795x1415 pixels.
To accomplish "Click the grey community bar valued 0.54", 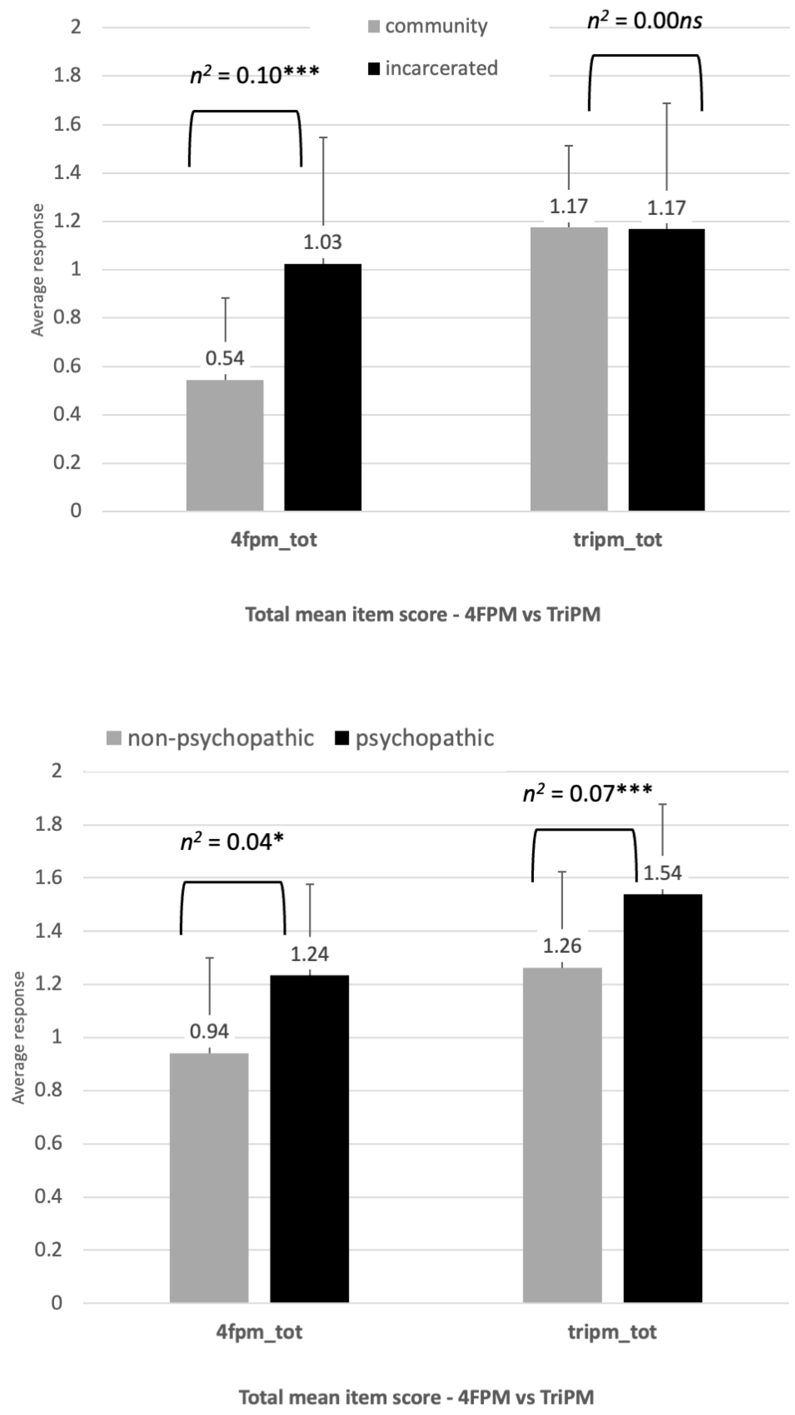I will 225,445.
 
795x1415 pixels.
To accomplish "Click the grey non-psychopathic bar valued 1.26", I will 562,1135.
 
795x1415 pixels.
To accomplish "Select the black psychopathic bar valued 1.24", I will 309,1138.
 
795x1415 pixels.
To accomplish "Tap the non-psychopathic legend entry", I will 210,738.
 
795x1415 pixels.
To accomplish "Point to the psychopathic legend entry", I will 414,738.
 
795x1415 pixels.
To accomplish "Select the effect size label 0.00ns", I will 645,21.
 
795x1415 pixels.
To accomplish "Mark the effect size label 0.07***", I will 587,793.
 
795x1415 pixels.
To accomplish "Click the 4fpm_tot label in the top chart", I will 273,539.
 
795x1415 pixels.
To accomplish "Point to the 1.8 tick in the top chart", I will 67,75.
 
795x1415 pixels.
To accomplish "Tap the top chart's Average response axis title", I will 37,269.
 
